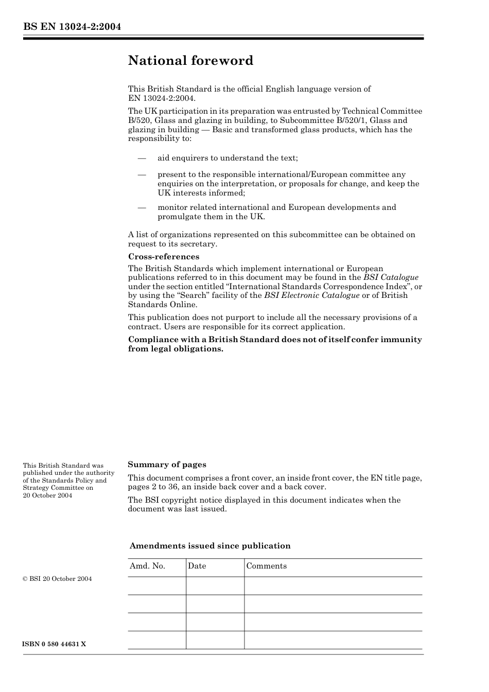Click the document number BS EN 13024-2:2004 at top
72,27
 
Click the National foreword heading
190,61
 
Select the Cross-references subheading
163,256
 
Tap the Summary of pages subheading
167,464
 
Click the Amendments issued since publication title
209,546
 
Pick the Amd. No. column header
147,566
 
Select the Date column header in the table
197,566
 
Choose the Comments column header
266,566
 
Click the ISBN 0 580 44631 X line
54,644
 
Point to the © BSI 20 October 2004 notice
57,579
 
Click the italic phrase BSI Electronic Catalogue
311,295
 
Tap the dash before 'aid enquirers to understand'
142,158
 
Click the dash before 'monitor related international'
142,207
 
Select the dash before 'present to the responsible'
142,174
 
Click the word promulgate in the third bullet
180,217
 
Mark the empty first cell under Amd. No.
156,585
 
